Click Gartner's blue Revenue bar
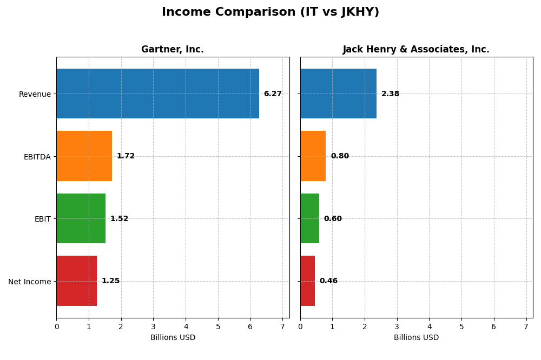point(157,94)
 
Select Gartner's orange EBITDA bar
point(84,156)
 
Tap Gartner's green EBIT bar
point(81,218)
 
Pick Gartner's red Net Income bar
point(76,281)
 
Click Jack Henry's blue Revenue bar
point(338,94)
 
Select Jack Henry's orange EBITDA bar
point(313,156)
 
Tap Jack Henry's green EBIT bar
point(309,218)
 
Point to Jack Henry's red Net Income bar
point(307,281)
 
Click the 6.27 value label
point(273,94)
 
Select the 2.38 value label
point(390,94)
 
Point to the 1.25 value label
point(110,281)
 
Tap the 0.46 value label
point(328,281)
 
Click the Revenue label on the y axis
point(35,94)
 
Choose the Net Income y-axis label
point(29,282)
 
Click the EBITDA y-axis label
point(37,157)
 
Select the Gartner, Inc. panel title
point(173,50)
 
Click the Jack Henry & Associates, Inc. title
point(416,50)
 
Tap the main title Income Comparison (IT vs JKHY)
point(270,12)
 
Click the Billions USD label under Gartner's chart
point(173,338)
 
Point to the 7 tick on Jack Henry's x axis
point(526,327)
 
